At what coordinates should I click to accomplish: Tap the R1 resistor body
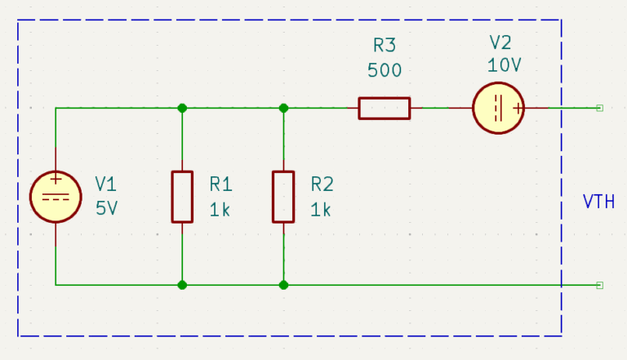[182, 197]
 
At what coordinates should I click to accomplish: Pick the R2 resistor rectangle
[283, 197]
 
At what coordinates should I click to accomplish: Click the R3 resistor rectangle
[385, 108]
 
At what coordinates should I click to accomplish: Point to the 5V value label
[107, 208]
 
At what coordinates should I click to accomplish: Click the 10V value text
[505, 65]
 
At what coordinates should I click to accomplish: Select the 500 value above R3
[385, 70]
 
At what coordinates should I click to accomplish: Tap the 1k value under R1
[220, 210]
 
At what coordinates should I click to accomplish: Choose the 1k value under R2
[321, 210]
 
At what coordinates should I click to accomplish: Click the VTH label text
[598, 202]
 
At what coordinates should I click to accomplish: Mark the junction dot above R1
[182, 108]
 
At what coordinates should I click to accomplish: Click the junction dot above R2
[283, 108]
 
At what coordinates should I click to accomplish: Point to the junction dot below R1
[182, 285]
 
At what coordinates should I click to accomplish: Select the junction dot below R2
[283, 285]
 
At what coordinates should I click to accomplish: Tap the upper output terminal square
[600, 108]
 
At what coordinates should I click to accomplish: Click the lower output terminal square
[600, 285]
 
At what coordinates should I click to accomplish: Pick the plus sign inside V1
[56, 179]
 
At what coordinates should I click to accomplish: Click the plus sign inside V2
[518, 109]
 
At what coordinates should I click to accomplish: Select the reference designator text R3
[385, 45]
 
